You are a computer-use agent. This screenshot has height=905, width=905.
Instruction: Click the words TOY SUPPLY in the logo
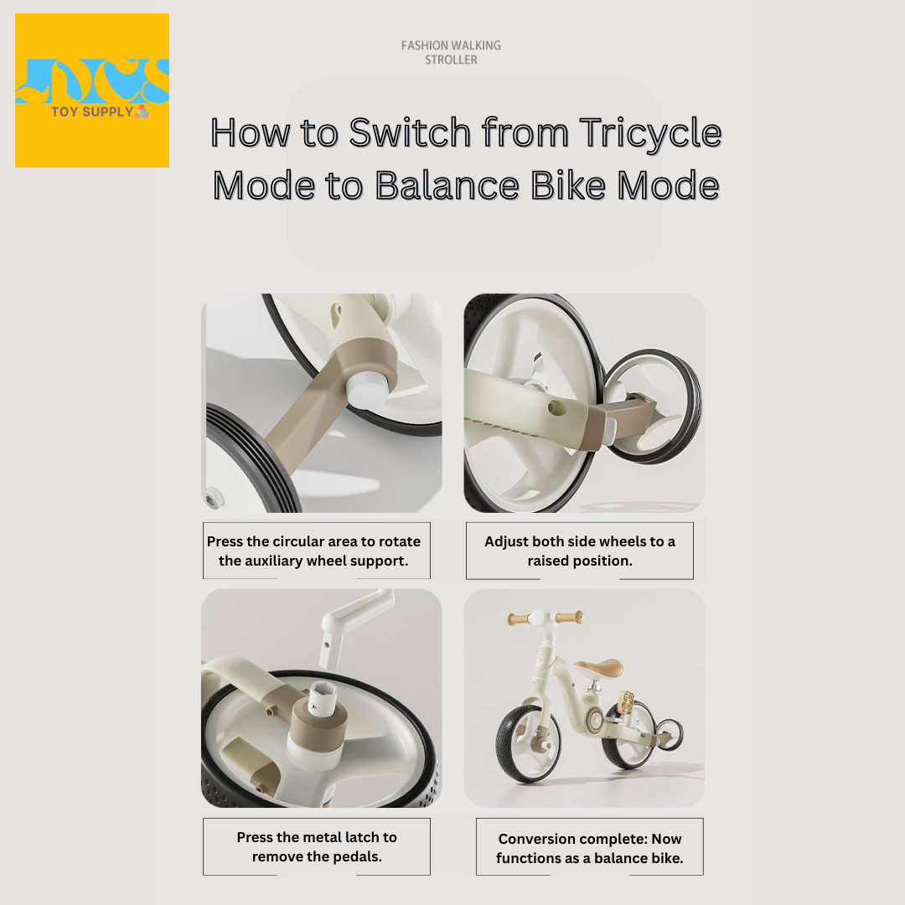(92, 111)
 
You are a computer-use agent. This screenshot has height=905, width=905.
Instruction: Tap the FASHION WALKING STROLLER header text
(452, 53)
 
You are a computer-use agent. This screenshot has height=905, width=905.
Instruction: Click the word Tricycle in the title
(650, 132)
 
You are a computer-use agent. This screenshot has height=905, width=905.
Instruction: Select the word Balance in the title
(447, 185)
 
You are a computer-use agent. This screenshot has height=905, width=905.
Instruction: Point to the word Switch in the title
(410, 132)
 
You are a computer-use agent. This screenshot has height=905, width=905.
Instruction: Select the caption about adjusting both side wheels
(580, 551)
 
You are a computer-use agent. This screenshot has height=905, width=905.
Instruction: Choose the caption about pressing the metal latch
(317, 846)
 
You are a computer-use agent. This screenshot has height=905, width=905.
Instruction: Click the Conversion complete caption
(589, 848)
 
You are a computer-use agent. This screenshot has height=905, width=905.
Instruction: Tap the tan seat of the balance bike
(598, 667)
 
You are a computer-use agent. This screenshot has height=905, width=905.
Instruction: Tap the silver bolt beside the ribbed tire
(215, 497)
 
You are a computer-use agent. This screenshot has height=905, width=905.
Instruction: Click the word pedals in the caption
(359, 856)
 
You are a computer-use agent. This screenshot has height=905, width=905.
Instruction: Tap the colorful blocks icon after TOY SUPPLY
(142, 111)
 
